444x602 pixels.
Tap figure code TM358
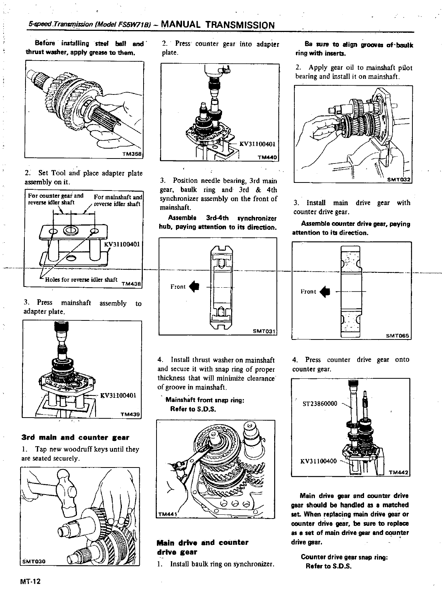click(x=132, y=154)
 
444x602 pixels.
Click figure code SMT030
click(x=34, y=562)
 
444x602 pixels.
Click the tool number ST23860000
click(x=320, y=403)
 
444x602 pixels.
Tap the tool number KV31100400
click(x=319, y=461)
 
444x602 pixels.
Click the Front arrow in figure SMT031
click(x=194, y=287)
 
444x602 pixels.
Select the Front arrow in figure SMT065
click(x=325, y=292)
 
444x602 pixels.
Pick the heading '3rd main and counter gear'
click(x=75, y=437)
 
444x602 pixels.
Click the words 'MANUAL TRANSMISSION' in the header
click(x=218, y=25)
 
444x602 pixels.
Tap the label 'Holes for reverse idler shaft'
click(x=81, y=279)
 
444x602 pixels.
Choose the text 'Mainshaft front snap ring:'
click(x=204, y=400)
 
